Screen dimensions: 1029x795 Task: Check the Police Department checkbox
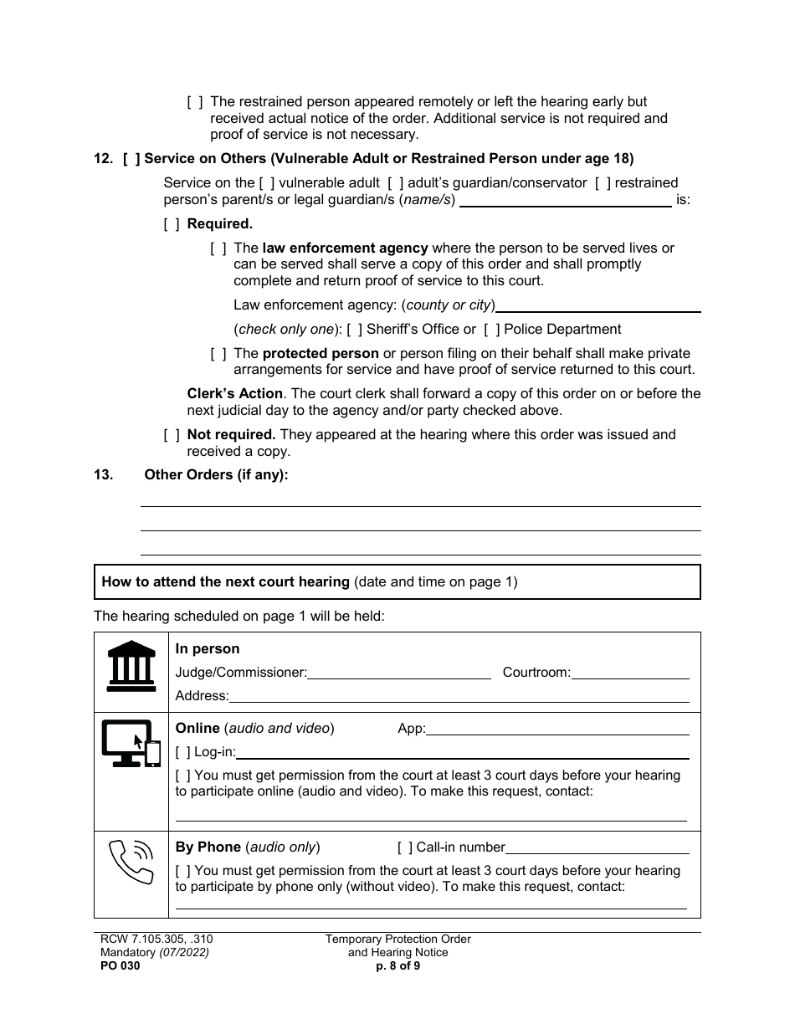point(492,330)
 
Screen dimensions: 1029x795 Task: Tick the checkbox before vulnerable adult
point(267,183)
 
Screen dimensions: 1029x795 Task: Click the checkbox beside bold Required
point(172,224)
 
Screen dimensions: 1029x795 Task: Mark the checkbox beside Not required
point(172,435)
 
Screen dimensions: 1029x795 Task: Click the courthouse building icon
point(131,666)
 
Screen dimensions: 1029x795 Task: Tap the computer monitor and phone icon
point(131,743)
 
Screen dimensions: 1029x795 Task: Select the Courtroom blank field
point(630,673)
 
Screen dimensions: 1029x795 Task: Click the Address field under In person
point(459,697)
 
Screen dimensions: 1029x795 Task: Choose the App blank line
point(557,730)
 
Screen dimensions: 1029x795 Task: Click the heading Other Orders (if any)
point(216,475)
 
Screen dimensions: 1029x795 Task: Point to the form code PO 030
point(117,965)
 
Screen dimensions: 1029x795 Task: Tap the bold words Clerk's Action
point(235,394)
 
